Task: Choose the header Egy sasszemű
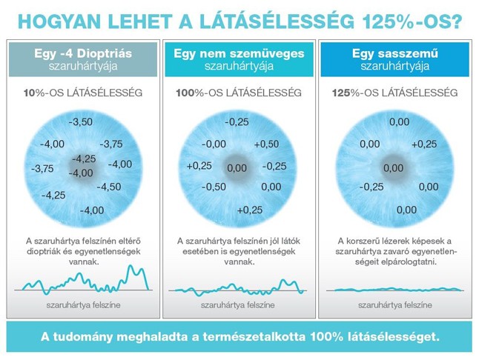(394, 54)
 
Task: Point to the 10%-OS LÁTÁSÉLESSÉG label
(82, 94)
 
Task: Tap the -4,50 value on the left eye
(108, 187)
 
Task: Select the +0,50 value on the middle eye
(266, 144)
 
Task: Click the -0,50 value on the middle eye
(214, 187)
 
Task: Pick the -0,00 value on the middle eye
(214, 144)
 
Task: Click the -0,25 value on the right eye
(371, 187)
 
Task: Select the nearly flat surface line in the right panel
(394, 289)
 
